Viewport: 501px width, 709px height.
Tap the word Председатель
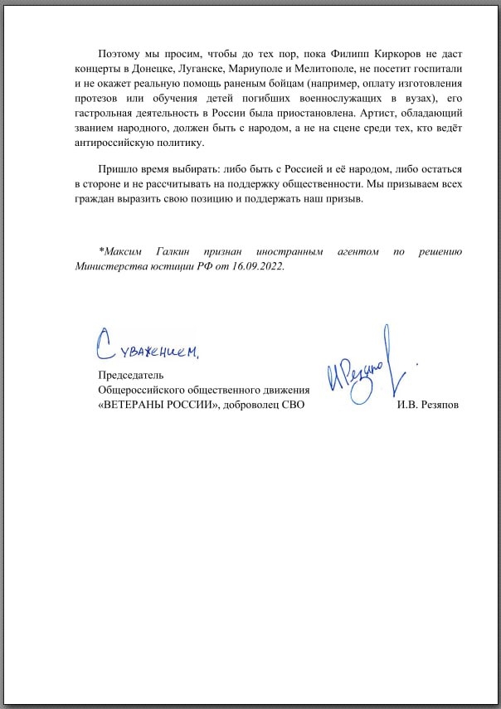(131, 375)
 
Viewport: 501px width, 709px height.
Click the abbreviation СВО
(290, 405)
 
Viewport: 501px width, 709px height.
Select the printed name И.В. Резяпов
(428, 405)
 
